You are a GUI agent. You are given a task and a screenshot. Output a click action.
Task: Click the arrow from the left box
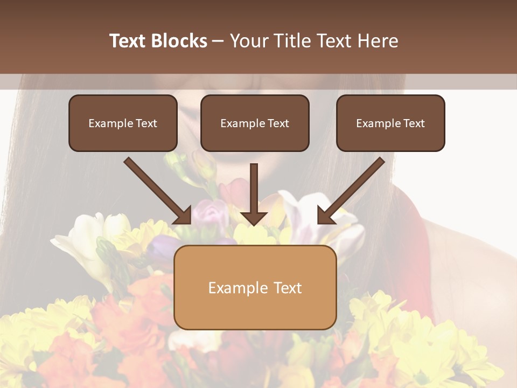(x=156, y=190)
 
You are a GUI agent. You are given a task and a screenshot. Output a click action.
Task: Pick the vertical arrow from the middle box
(x=254, y=191)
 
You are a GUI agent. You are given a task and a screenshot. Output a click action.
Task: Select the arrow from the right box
(x=353, y=190)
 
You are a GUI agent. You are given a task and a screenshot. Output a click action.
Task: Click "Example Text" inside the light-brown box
(x=255, y=288)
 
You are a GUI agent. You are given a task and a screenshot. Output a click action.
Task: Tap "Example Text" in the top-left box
(x=123, y=123)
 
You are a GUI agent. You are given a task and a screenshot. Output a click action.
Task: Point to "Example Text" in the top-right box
(x=390, y=123)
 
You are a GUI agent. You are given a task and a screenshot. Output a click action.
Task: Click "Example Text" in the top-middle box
(x=255, y=123)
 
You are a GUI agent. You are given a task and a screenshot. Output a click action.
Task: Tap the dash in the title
(x=219, y=41)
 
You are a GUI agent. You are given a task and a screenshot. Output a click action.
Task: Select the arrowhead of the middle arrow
(x=254, y=217)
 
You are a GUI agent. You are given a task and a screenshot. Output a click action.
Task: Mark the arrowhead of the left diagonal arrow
(x=183, y=216)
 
